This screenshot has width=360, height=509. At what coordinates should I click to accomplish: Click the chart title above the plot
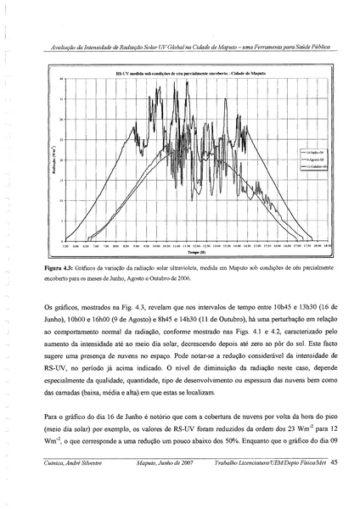191,75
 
